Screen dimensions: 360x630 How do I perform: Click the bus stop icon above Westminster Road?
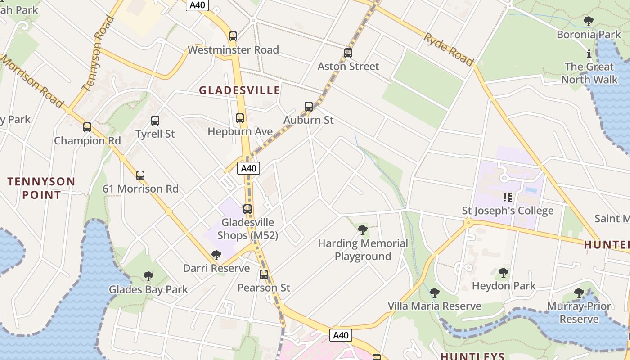(233, 36)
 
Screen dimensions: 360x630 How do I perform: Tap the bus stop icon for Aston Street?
(348, 53)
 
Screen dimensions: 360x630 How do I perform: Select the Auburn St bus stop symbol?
(309, 107)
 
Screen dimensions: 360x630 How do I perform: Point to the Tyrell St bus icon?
(155, 121)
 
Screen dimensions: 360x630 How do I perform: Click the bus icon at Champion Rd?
(87, 127)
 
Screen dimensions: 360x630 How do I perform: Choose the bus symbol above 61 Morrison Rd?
(140, 175)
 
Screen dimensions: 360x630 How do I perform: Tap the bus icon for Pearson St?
(264, 274)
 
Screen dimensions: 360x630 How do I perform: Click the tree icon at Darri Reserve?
(216, 255)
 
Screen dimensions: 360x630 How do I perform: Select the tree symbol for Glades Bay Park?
(148, 276)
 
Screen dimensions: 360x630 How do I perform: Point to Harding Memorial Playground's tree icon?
(363, 230)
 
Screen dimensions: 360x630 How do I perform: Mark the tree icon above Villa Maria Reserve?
(435, 293)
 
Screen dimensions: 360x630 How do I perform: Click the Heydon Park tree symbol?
(504, 272)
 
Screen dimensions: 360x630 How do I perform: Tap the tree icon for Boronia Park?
(589, 21)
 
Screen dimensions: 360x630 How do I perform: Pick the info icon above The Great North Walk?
(589, 54)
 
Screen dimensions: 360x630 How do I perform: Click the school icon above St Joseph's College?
(508, 197)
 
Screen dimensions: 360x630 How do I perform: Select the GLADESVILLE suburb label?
(239, 90)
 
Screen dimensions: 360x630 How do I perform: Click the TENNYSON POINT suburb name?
(41, 188)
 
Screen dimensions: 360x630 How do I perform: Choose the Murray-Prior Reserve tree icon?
(579, 293)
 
